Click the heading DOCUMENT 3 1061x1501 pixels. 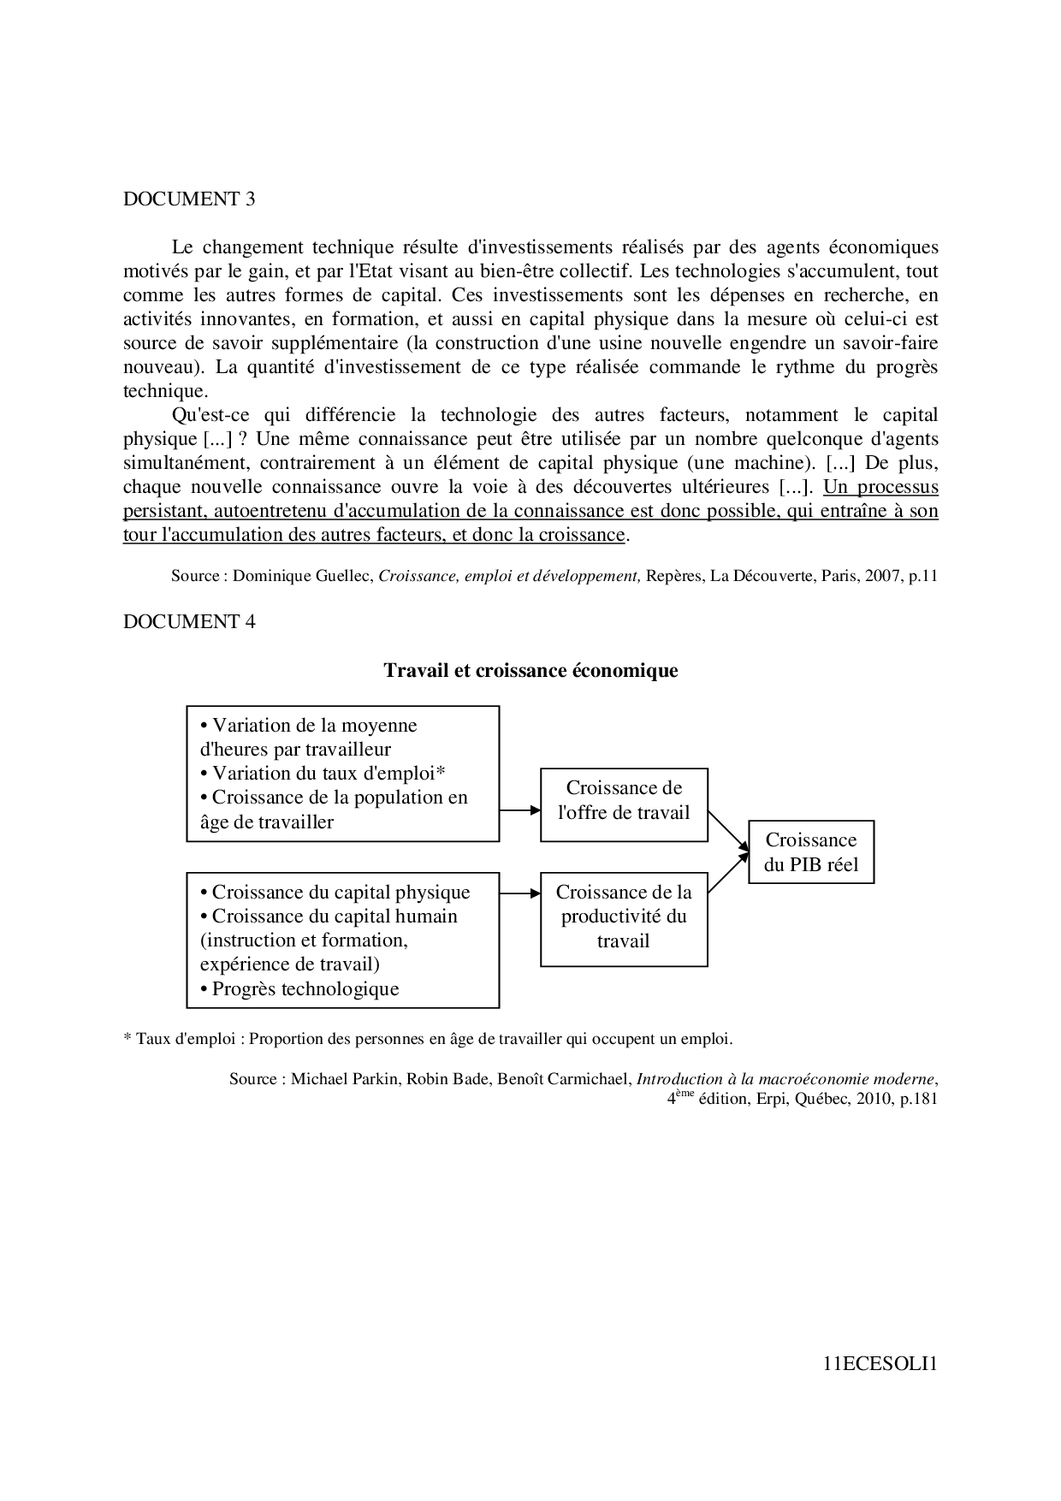[189, 199]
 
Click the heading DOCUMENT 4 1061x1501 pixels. [189, 622]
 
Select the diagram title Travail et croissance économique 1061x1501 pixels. [530, 670]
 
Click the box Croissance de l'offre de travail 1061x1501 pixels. [624, 800]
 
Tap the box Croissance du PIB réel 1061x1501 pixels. [811, 852]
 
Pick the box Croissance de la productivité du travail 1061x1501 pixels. [624, 917]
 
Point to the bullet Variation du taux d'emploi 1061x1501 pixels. [323, 774]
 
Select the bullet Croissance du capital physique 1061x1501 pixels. [335, 893]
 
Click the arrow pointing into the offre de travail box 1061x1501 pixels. [519, 810]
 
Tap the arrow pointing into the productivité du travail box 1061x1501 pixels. [519, 893]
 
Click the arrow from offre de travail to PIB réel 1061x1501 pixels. [728, 831]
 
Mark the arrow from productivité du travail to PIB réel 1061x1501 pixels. [728, 872]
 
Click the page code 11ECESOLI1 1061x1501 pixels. [880, 1364]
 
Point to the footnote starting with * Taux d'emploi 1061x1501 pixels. [428, 1039]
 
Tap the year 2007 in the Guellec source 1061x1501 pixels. [882, 576]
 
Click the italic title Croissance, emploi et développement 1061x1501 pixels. [509, 576]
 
